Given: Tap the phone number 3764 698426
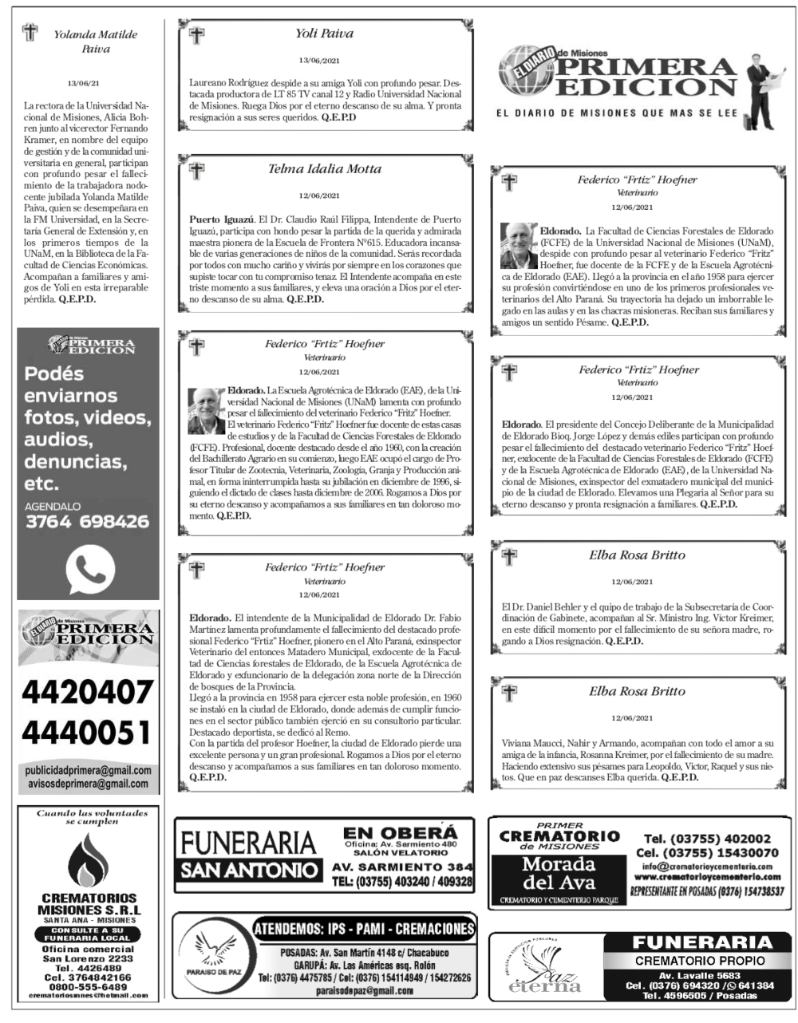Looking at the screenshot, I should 87,522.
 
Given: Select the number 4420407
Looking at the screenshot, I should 87,691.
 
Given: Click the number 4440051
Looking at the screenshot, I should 87,731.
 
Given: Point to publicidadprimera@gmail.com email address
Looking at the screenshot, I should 88,771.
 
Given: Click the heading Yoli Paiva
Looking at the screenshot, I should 324,34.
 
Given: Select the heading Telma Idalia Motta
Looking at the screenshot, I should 324,168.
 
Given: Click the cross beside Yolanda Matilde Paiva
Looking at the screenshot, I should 30,33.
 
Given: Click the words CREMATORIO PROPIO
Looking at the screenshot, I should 700,960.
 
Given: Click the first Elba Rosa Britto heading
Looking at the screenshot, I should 637,555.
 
